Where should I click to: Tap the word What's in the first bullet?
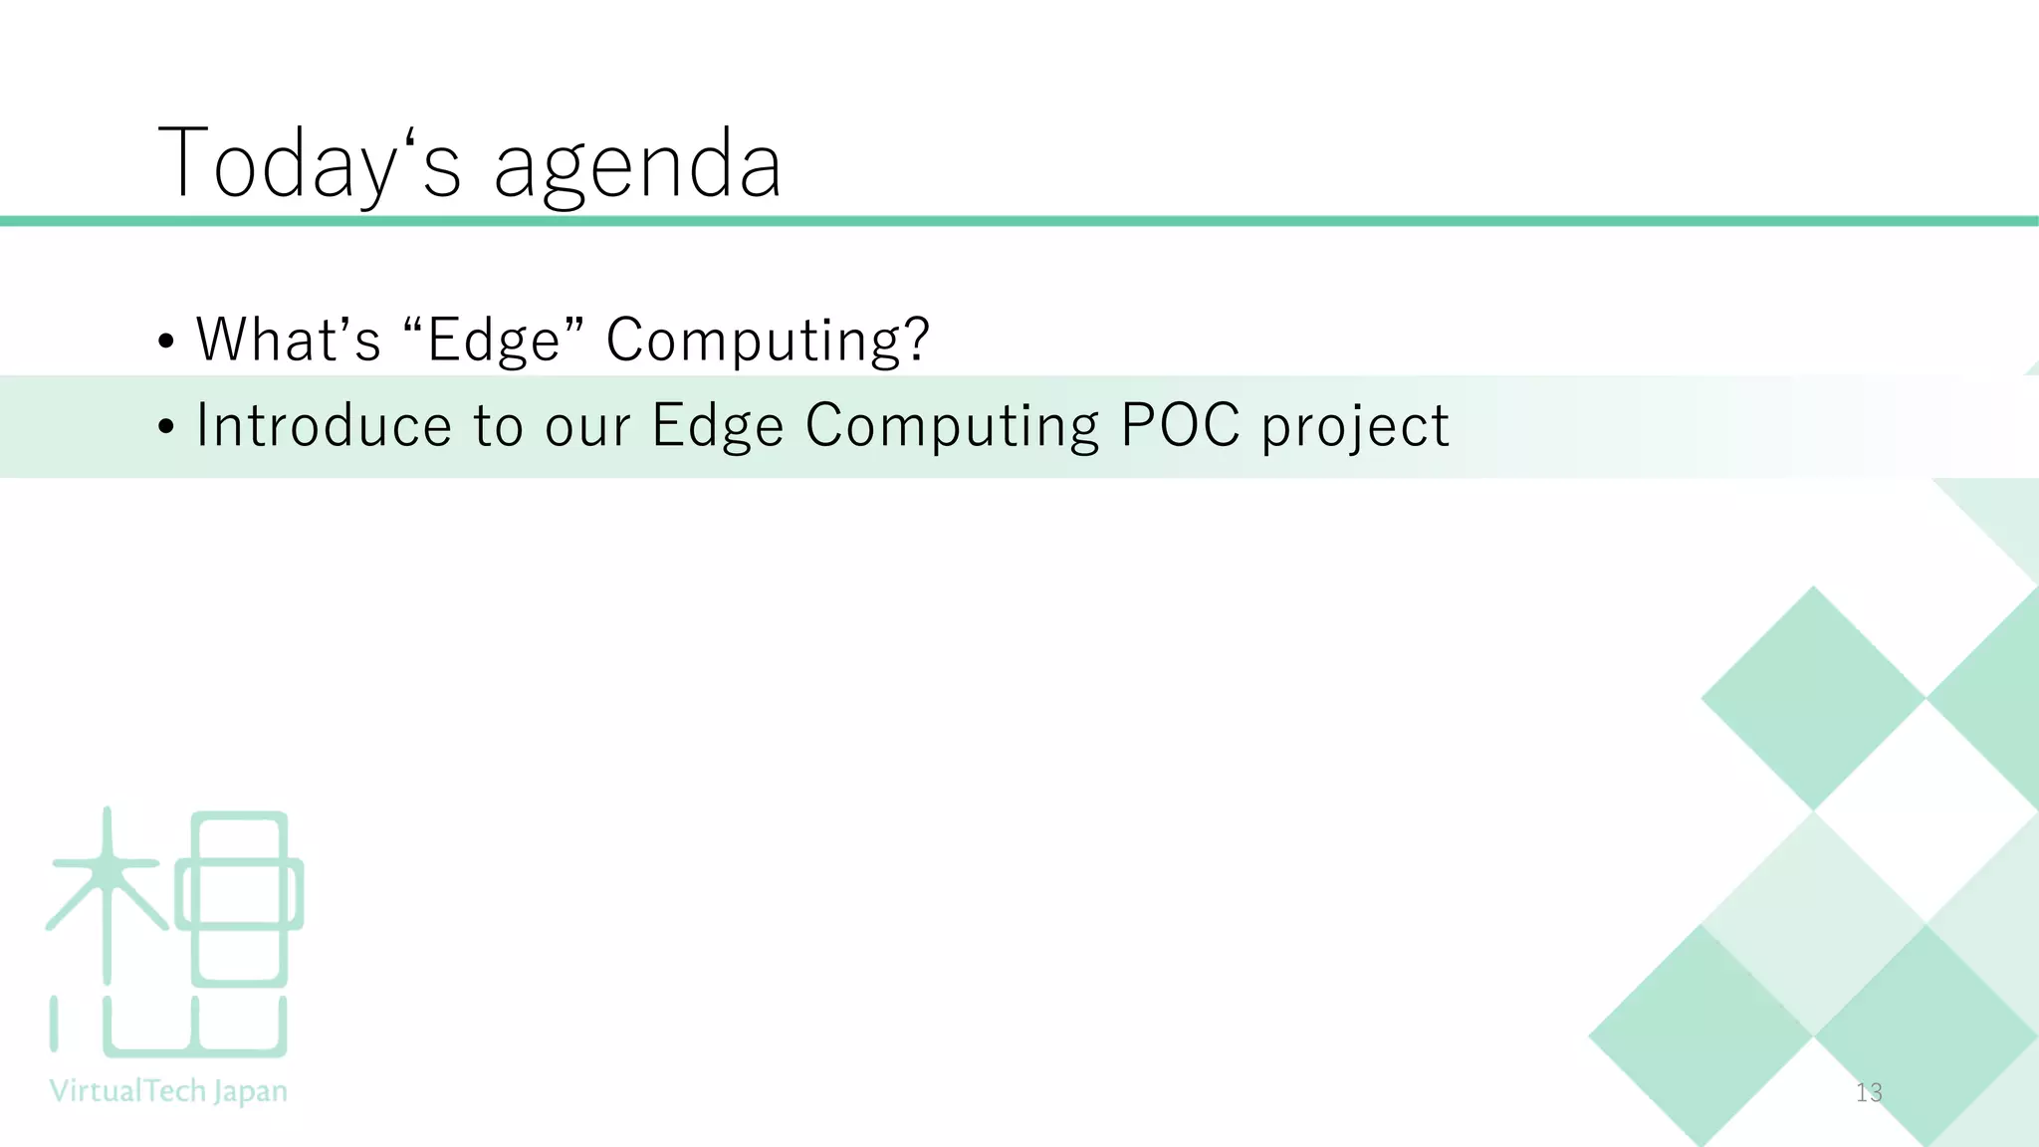pos(289,340)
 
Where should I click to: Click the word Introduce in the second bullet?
pos(324,426)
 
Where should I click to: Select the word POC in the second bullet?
pos(1180,426)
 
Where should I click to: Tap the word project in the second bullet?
pos(1355,428)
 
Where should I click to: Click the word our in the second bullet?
pos(587,428)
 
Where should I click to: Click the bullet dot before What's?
pos(166,342)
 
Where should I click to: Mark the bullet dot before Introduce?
pos(166,427)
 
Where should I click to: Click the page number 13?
pos(1869,1092)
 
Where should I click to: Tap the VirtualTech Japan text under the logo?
pos(168,1091)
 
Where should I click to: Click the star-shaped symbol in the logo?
pos(107,876)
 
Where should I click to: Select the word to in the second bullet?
pos(498,428)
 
